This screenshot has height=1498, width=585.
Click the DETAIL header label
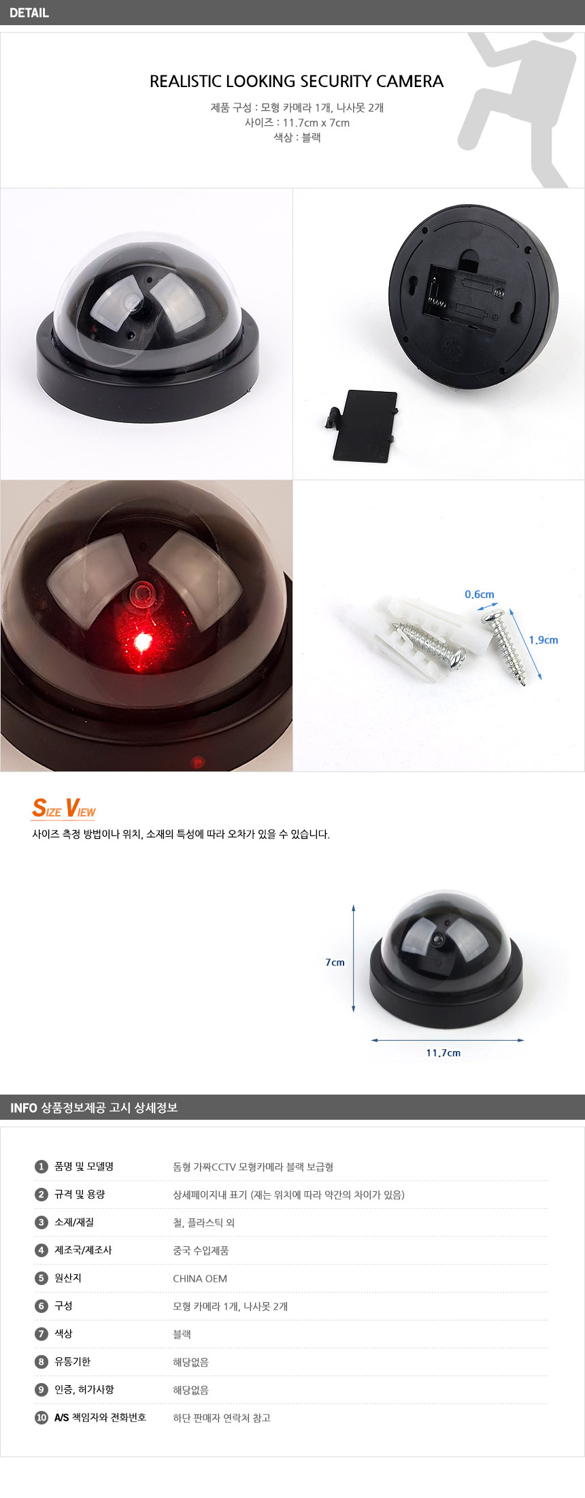[29, 12]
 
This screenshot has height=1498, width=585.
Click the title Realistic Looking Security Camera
[297, 82]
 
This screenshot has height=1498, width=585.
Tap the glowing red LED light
[144, 642]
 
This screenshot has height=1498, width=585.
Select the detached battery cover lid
[361, 425]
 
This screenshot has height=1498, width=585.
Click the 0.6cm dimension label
[480, 595]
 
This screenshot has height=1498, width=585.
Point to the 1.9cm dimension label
[544, 639]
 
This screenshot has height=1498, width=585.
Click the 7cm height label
[335, 962]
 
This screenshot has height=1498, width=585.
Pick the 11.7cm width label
[444, 1052]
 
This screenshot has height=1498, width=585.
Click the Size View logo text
[64, 808]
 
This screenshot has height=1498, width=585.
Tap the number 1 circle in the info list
[41, 1166]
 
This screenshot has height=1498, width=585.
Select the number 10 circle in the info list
[41, 1417]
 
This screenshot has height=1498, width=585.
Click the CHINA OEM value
[200, 1278]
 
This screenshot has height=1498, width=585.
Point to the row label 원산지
[68, 1278]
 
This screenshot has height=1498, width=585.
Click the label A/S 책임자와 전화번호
[100, 1417]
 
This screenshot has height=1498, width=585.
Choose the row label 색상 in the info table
[63, 1333]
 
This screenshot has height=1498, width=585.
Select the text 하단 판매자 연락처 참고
[222, 1418]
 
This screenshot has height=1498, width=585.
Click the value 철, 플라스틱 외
[204, 1222]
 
